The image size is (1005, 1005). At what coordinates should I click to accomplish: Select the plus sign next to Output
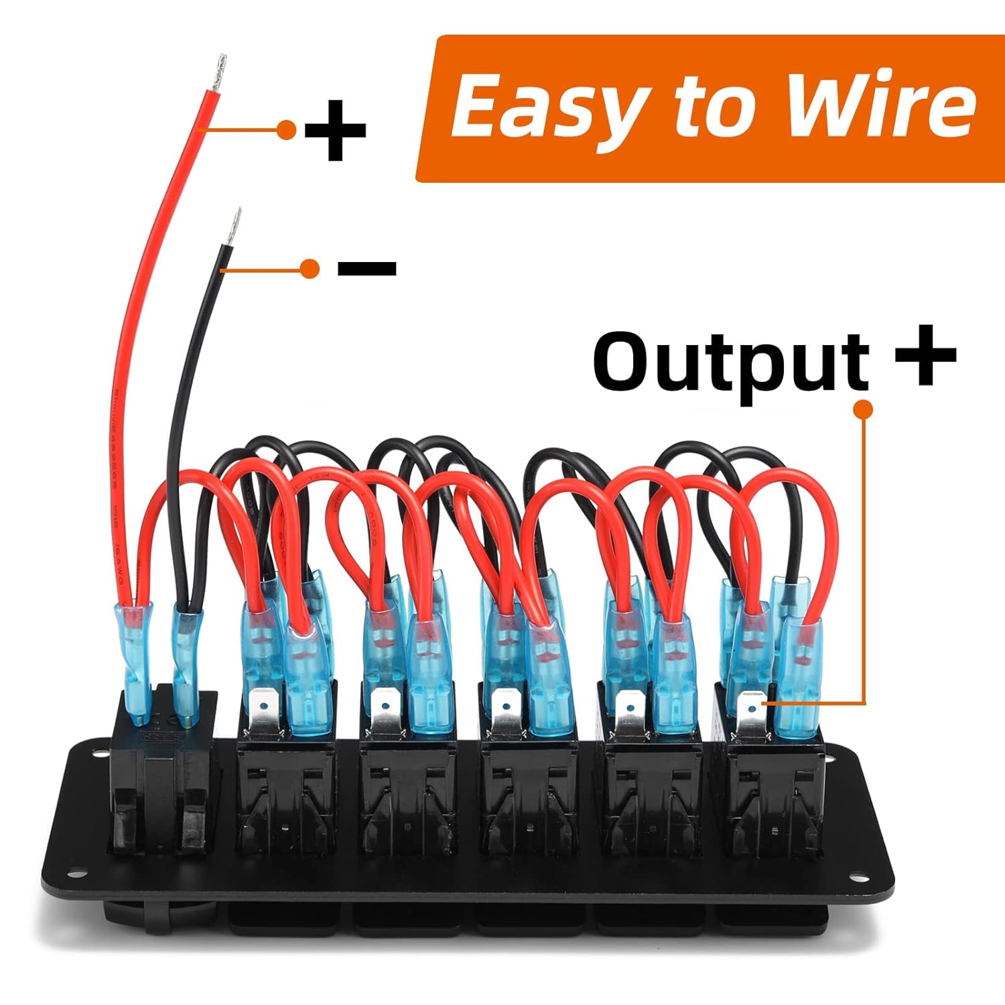tap(925, 356)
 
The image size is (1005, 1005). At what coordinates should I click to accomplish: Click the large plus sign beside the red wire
tap(335, 130)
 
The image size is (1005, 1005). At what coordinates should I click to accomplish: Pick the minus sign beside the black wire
tap(367, 269)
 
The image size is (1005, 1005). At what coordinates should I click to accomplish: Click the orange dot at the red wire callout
tap(287, 129)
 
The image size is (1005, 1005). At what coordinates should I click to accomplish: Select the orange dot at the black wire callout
tap(310, 269)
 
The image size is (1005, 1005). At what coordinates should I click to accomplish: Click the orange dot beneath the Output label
tap(864, 409)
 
